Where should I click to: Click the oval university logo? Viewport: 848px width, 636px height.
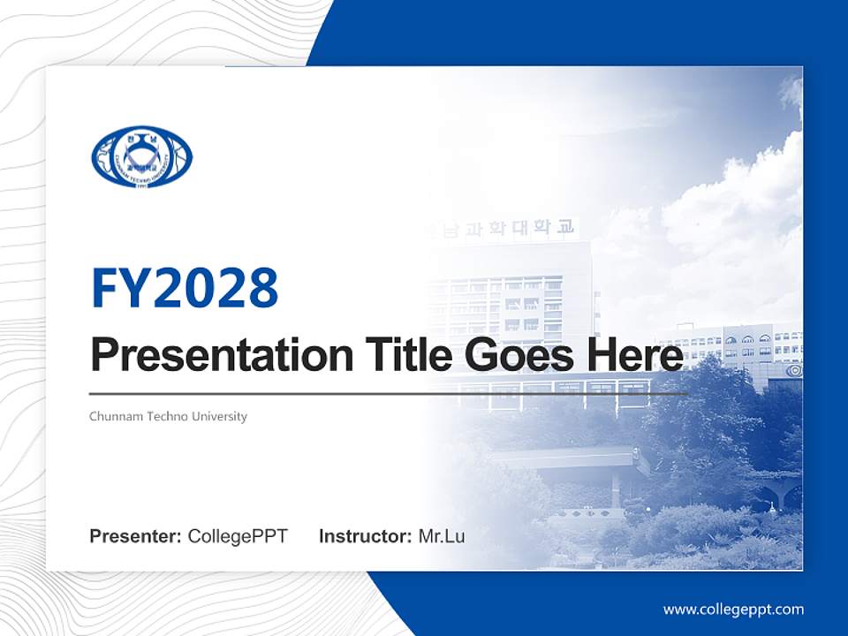pyautogui.click(x=141, y=156)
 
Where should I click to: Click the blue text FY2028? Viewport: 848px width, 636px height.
pyautogui.click(x=185, y=288)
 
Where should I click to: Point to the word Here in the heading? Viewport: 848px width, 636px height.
pyautogui.click(x=634, y=355)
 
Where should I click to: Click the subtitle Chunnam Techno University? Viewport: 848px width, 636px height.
pyautogui.click(x=168, y=416)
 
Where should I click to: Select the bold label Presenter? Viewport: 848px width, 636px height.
pyautogui.click(x=136, y=536)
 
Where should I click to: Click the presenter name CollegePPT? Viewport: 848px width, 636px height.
pyautogui.click(x=238, y=536)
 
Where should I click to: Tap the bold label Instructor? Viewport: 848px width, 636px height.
pyautogui.click(x=365, y=536)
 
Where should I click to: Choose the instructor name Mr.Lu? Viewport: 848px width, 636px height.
pyautogui.click(x=442, y=536)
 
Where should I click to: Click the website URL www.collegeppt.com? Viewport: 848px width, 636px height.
pyautogui.click(x=733, y=609)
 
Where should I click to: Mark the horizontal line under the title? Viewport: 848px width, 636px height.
pyautogui.click(x=389, y=394)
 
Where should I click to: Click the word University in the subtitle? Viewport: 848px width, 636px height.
pyautogui.click(x=220, y=416)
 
